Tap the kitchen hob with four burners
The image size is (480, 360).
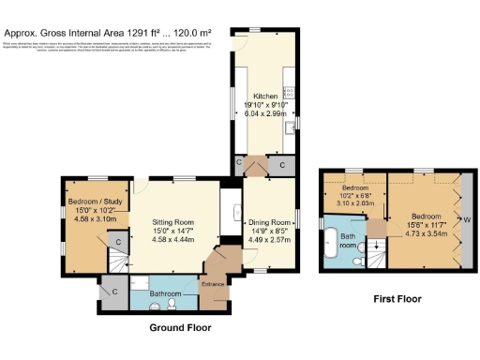(290, 92)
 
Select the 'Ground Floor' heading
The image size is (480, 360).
(180, 328)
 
